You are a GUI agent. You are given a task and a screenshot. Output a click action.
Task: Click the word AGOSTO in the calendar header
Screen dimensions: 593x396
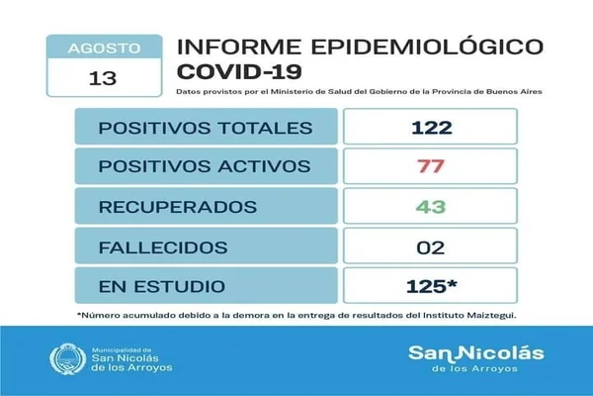[x=105, y=49]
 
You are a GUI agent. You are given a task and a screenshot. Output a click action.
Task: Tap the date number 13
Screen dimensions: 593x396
[x=103, y=78]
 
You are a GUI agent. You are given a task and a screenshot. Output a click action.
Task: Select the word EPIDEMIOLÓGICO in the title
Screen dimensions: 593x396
[x=427, y=46]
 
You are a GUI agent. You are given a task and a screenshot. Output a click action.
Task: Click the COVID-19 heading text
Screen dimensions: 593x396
[x=239, y=71]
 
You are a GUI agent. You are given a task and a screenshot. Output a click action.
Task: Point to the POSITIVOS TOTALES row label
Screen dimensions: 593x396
[x=206, y=128]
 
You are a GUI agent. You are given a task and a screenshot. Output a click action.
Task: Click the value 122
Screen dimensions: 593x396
[x=432, y=128]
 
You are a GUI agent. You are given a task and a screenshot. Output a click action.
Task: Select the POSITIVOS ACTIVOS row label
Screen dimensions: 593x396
[x=205, y=166]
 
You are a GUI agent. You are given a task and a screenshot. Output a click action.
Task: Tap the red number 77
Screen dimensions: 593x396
[x=431, y=166]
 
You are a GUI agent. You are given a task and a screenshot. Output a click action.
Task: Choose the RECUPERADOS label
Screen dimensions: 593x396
[x=178, y=207]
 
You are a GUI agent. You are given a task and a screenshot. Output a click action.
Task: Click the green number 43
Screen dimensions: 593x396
[x=431, y=207]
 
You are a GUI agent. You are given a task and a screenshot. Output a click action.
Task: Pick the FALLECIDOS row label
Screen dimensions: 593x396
[x=163, y=247]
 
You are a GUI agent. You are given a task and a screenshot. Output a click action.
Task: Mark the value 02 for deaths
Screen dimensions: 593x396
[x=430, y=247]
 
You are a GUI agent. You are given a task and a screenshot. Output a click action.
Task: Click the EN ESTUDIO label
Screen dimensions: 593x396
[x=162, y=286]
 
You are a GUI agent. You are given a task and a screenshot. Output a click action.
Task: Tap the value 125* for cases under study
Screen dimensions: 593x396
[x=432, y=286]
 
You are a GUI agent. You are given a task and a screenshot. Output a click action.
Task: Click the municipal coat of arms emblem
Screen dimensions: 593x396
[x=67, y=358]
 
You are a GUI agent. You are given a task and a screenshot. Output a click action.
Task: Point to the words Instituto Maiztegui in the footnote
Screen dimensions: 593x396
[x=469, y=315]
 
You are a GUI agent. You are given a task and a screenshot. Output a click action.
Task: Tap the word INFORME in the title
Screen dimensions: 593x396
[x=239, y=47]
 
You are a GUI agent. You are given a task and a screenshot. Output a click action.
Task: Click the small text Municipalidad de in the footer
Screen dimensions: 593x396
[x=122, y=350]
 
